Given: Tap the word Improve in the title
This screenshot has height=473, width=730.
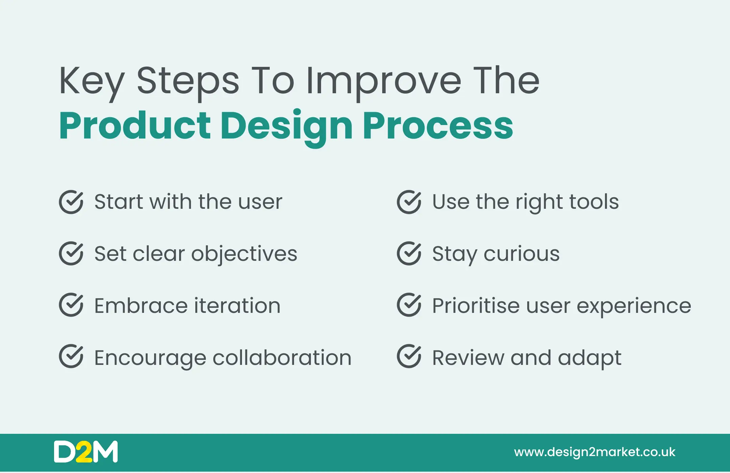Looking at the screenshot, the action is [383, 83].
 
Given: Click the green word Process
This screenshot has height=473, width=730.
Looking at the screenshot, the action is [438, 126].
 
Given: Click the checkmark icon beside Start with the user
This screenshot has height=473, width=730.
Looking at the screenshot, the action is [71, 202].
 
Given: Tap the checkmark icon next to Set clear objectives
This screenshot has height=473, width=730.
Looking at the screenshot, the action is [71, 253].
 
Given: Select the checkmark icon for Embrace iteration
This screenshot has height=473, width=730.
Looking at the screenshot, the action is [71, 305].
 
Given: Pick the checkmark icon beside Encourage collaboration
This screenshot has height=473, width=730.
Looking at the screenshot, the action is [71, 356].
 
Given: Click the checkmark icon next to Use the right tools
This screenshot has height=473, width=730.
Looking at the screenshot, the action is [409, 202].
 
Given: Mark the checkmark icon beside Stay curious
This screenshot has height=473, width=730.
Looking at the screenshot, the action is [409, 253].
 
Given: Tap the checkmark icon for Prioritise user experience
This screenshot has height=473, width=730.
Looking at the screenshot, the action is [409, 305].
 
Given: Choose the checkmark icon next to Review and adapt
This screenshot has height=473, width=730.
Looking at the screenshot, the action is [409, 356].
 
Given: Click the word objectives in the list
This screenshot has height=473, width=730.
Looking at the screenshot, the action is [244, 254].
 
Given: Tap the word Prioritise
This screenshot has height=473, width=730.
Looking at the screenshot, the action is [475, 305].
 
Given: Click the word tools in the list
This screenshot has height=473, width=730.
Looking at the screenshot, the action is [594, 202].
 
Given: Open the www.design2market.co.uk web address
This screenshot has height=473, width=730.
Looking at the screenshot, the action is [595, 452].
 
